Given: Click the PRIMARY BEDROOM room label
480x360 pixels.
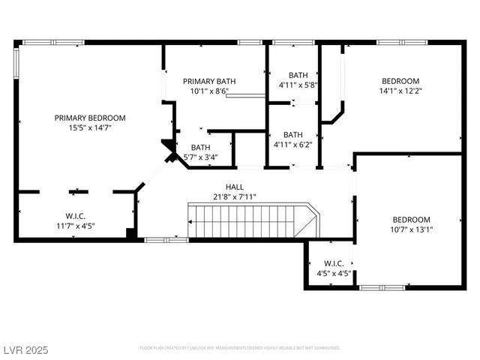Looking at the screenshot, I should coord(89,118).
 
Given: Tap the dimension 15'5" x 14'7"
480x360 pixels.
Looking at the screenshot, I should coord(89,128).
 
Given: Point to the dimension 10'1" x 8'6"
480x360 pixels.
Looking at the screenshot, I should coord(205,91).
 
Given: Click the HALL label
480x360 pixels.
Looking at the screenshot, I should coord(235,187).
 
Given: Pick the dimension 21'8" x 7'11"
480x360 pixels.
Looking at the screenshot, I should coord(235,197).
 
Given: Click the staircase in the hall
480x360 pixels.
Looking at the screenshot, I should coord(251,221).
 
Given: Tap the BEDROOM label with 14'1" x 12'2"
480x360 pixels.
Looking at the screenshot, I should coord(400,81).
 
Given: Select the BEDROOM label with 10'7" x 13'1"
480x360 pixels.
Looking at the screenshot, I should coord(411,220).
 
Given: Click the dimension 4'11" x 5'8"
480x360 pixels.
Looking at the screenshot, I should coord(298,85).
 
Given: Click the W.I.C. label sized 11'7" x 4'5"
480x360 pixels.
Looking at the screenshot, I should coord(74,215).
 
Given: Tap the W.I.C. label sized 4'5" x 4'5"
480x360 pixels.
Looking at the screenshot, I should coord(334,263).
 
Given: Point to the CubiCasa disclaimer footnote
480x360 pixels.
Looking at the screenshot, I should coord(240,348).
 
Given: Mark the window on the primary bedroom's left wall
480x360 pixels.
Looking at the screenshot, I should coord(17,63).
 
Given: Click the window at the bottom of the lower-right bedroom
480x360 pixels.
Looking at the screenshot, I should coord(382,287).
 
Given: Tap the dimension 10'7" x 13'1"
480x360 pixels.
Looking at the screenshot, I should coord(411,230).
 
